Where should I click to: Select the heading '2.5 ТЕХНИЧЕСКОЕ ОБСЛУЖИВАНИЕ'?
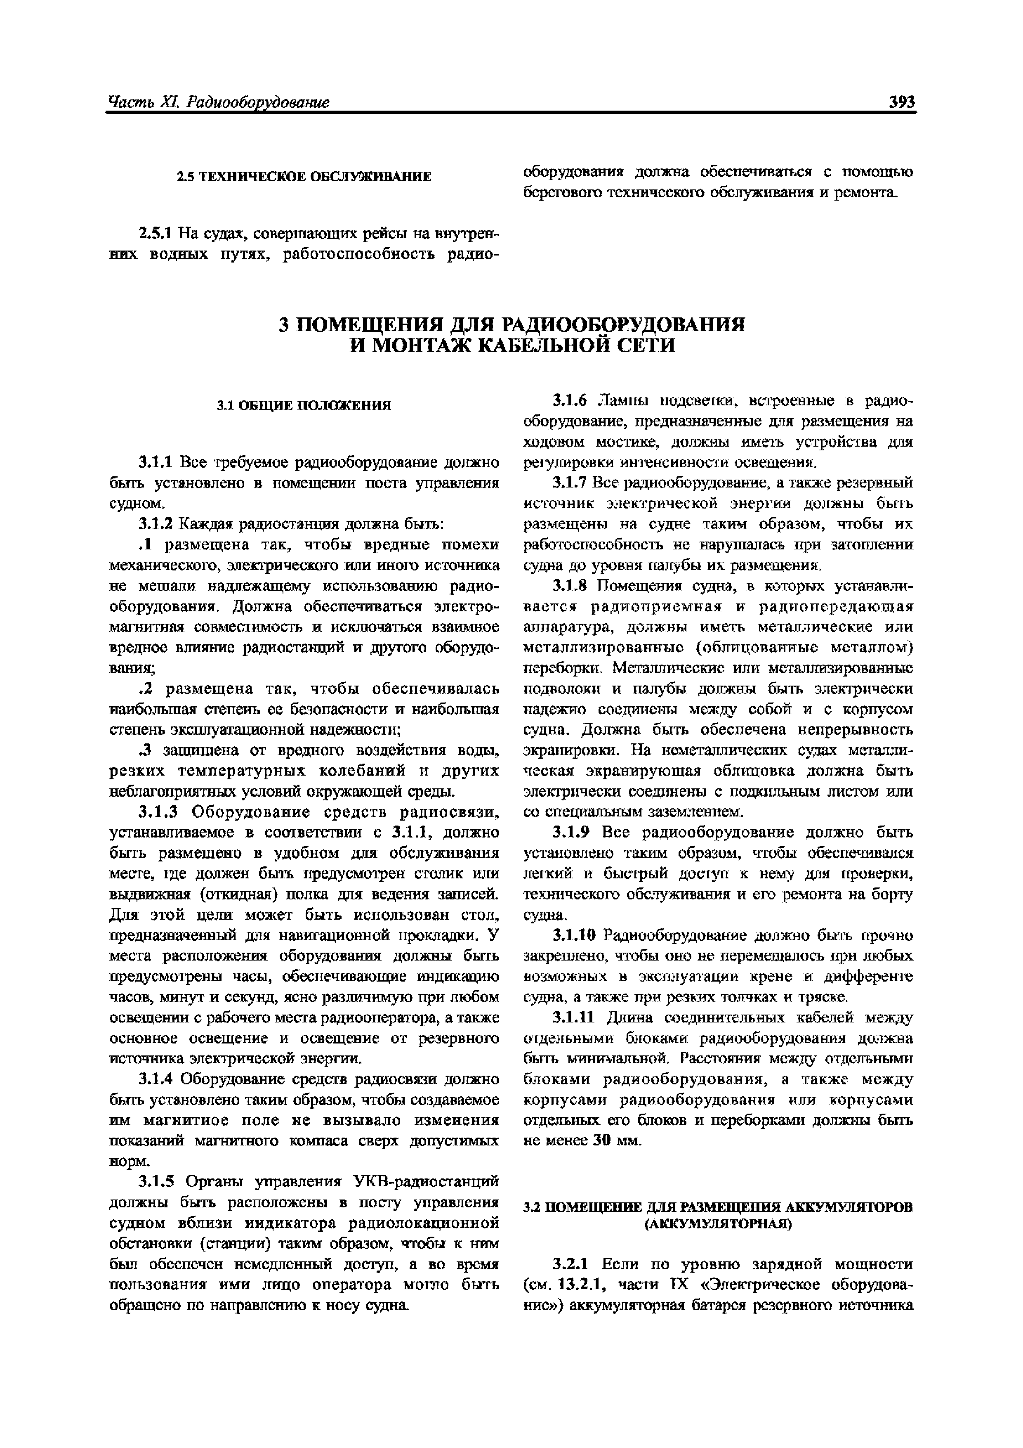click(304, 177)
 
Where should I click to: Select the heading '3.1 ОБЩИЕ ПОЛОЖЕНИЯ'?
click(304, 405)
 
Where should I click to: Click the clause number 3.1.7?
click(570, 483)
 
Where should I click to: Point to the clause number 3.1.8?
click(570, 586)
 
